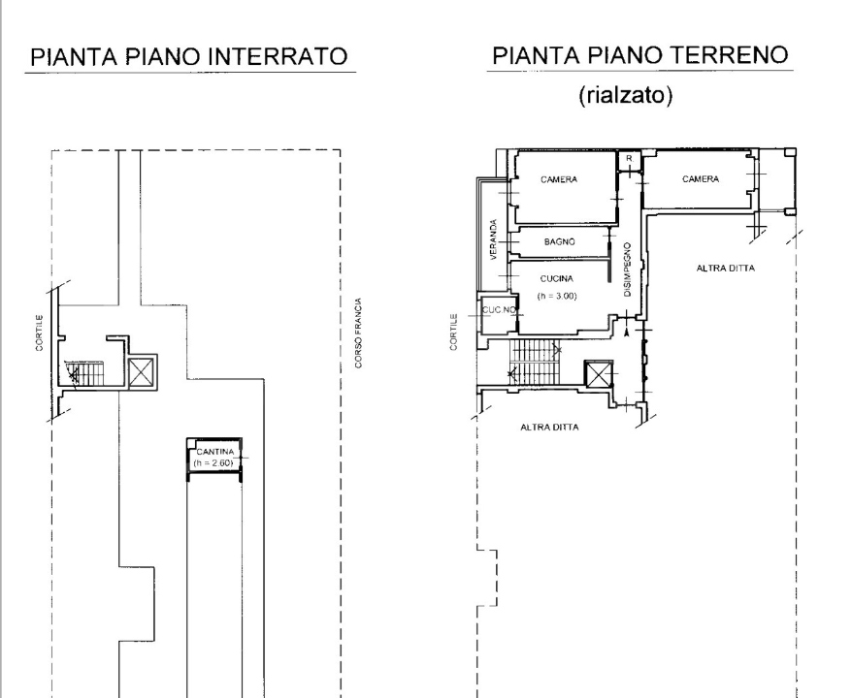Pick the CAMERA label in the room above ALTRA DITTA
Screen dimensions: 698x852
click(x=700, y=179)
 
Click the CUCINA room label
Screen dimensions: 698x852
click(x=558, y=279)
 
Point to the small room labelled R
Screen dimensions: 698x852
click(x=630, y=159)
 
